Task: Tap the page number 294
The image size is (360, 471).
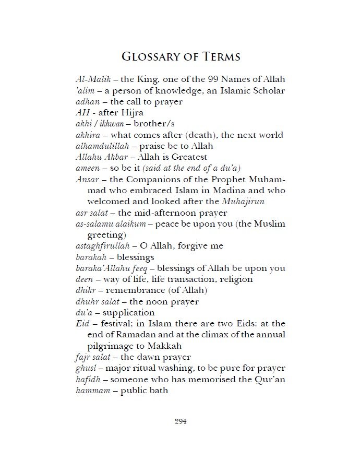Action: pos(180,421)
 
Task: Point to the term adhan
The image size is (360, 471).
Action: pos(87,102)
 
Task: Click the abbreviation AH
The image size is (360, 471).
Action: pos(82,113)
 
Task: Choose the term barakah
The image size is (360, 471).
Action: pos(90,257)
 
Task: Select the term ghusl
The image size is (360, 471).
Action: pos(86,368)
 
